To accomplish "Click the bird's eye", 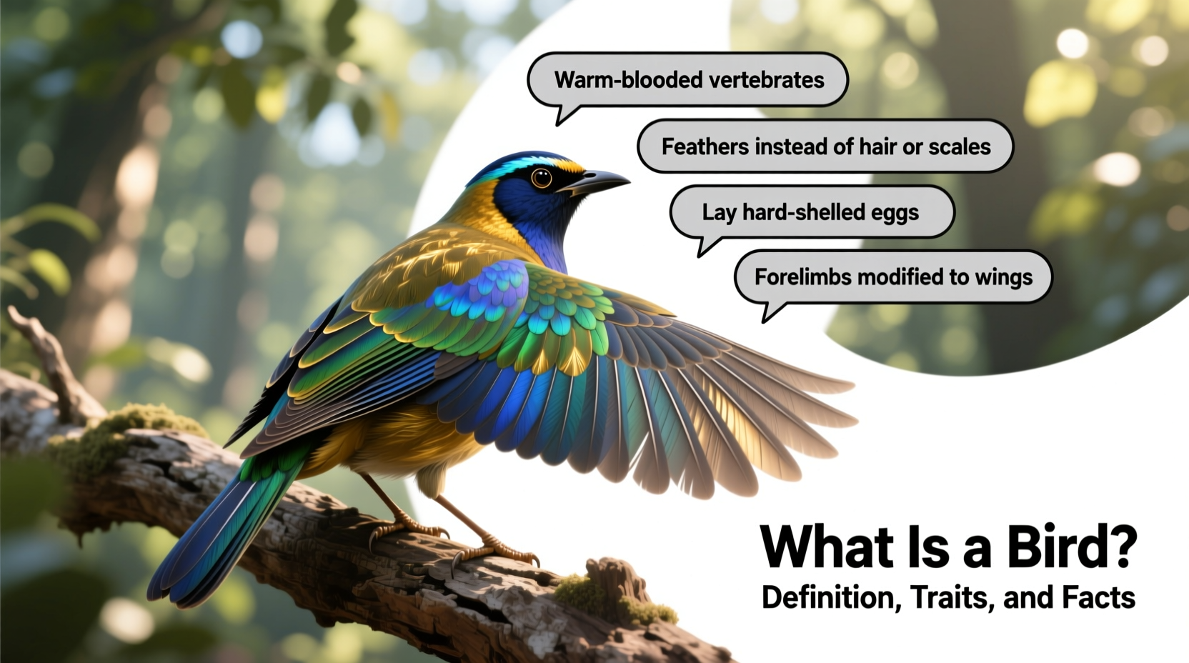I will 542,178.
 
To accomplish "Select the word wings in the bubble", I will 1003,278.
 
